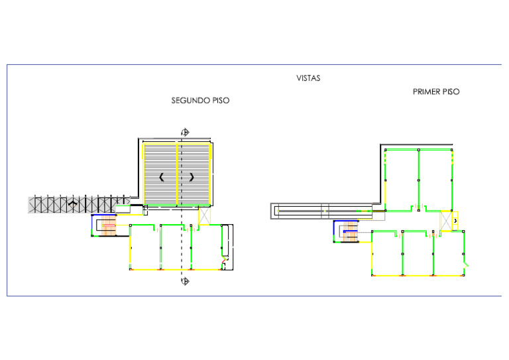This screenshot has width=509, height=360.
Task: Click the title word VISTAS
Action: (x=308, y=78)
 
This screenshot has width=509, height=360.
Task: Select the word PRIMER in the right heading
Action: (x=426, y=92)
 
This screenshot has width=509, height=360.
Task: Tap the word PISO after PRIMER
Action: (x=451, y=92)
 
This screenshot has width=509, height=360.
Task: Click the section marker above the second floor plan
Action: (x=185, y=132)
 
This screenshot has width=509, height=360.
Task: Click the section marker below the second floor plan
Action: (x=185, y=282)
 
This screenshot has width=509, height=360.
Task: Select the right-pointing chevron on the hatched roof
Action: (x=192, y=177)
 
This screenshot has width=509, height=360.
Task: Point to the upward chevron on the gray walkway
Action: (x=73, y=204)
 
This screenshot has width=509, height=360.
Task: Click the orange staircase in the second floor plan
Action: (x=108, y=227)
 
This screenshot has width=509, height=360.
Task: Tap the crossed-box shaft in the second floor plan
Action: (x=204, y=216)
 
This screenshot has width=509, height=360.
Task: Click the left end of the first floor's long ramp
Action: (x=274, y=211)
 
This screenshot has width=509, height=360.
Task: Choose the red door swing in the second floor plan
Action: (x=227, y=265)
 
